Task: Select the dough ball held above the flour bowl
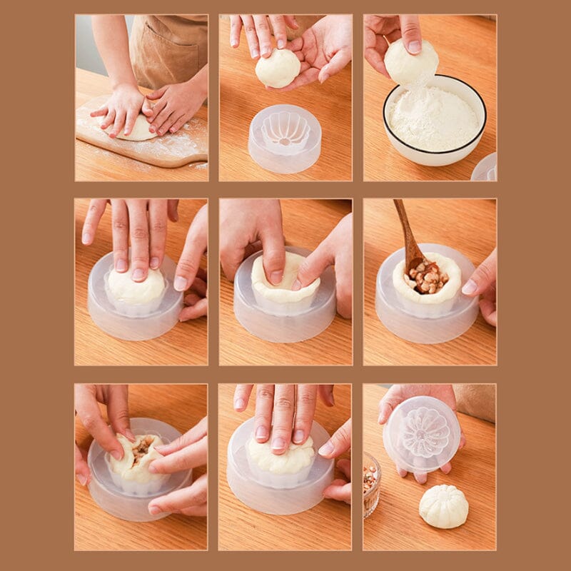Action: pos(410,62)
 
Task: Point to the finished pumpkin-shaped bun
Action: pos(443,506)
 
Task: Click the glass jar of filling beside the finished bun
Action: pos(370,483)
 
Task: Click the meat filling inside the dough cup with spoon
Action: pos(427,277)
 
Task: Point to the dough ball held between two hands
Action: pos(278,69)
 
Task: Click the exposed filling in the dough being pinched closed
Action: pos(141,448)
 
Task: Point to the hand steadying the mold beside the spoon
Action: pos(482,285)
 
